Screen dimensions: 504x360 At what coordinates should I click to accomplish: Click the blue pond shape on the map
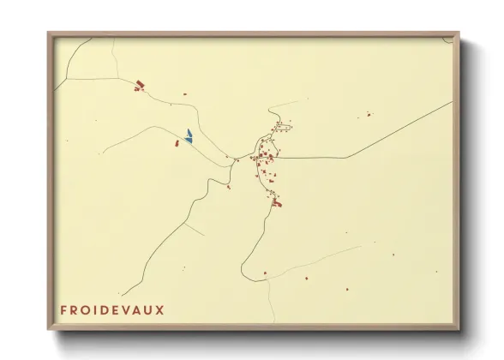pyautogui.click(x=189, y=135)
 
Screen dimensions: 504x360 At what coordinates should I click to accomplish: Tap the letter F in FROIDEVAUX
pyautogui.click(x=64, y=309)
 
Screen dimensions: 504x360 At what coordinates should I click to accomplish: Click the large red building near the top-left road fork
pyautogui.click(x=141, y=84)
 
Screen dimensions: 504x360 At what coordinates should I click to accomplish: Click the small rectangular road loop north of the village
pyautogui.click(x=283, y=128)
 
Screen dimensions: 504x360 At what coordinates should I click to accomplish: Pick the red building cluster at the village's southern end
pyautogui.click(x=276, y=203)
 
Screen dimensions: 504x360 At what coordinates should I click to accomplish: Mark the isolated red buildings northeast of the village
pyautogui.click(x=369, y=114)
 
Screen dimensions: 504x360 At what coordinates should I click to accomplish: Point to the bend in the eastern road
pyautogui.click(x=346, y=157)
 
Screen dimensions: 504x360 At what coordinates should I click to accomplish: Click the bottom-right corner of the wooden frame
pyautogui.click(x=458, y=328)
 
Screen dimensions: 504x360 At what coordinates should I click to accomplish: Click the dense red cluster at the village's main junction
pyautogui.click(x=266, y=157)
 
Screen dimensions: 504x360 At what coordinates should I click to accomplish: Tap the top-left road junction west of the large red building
pyautogui.click(x=68, y=79)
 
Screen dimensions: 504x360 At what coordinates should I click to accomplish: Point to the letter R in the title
pyautogui.click(x=75, y=309)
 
